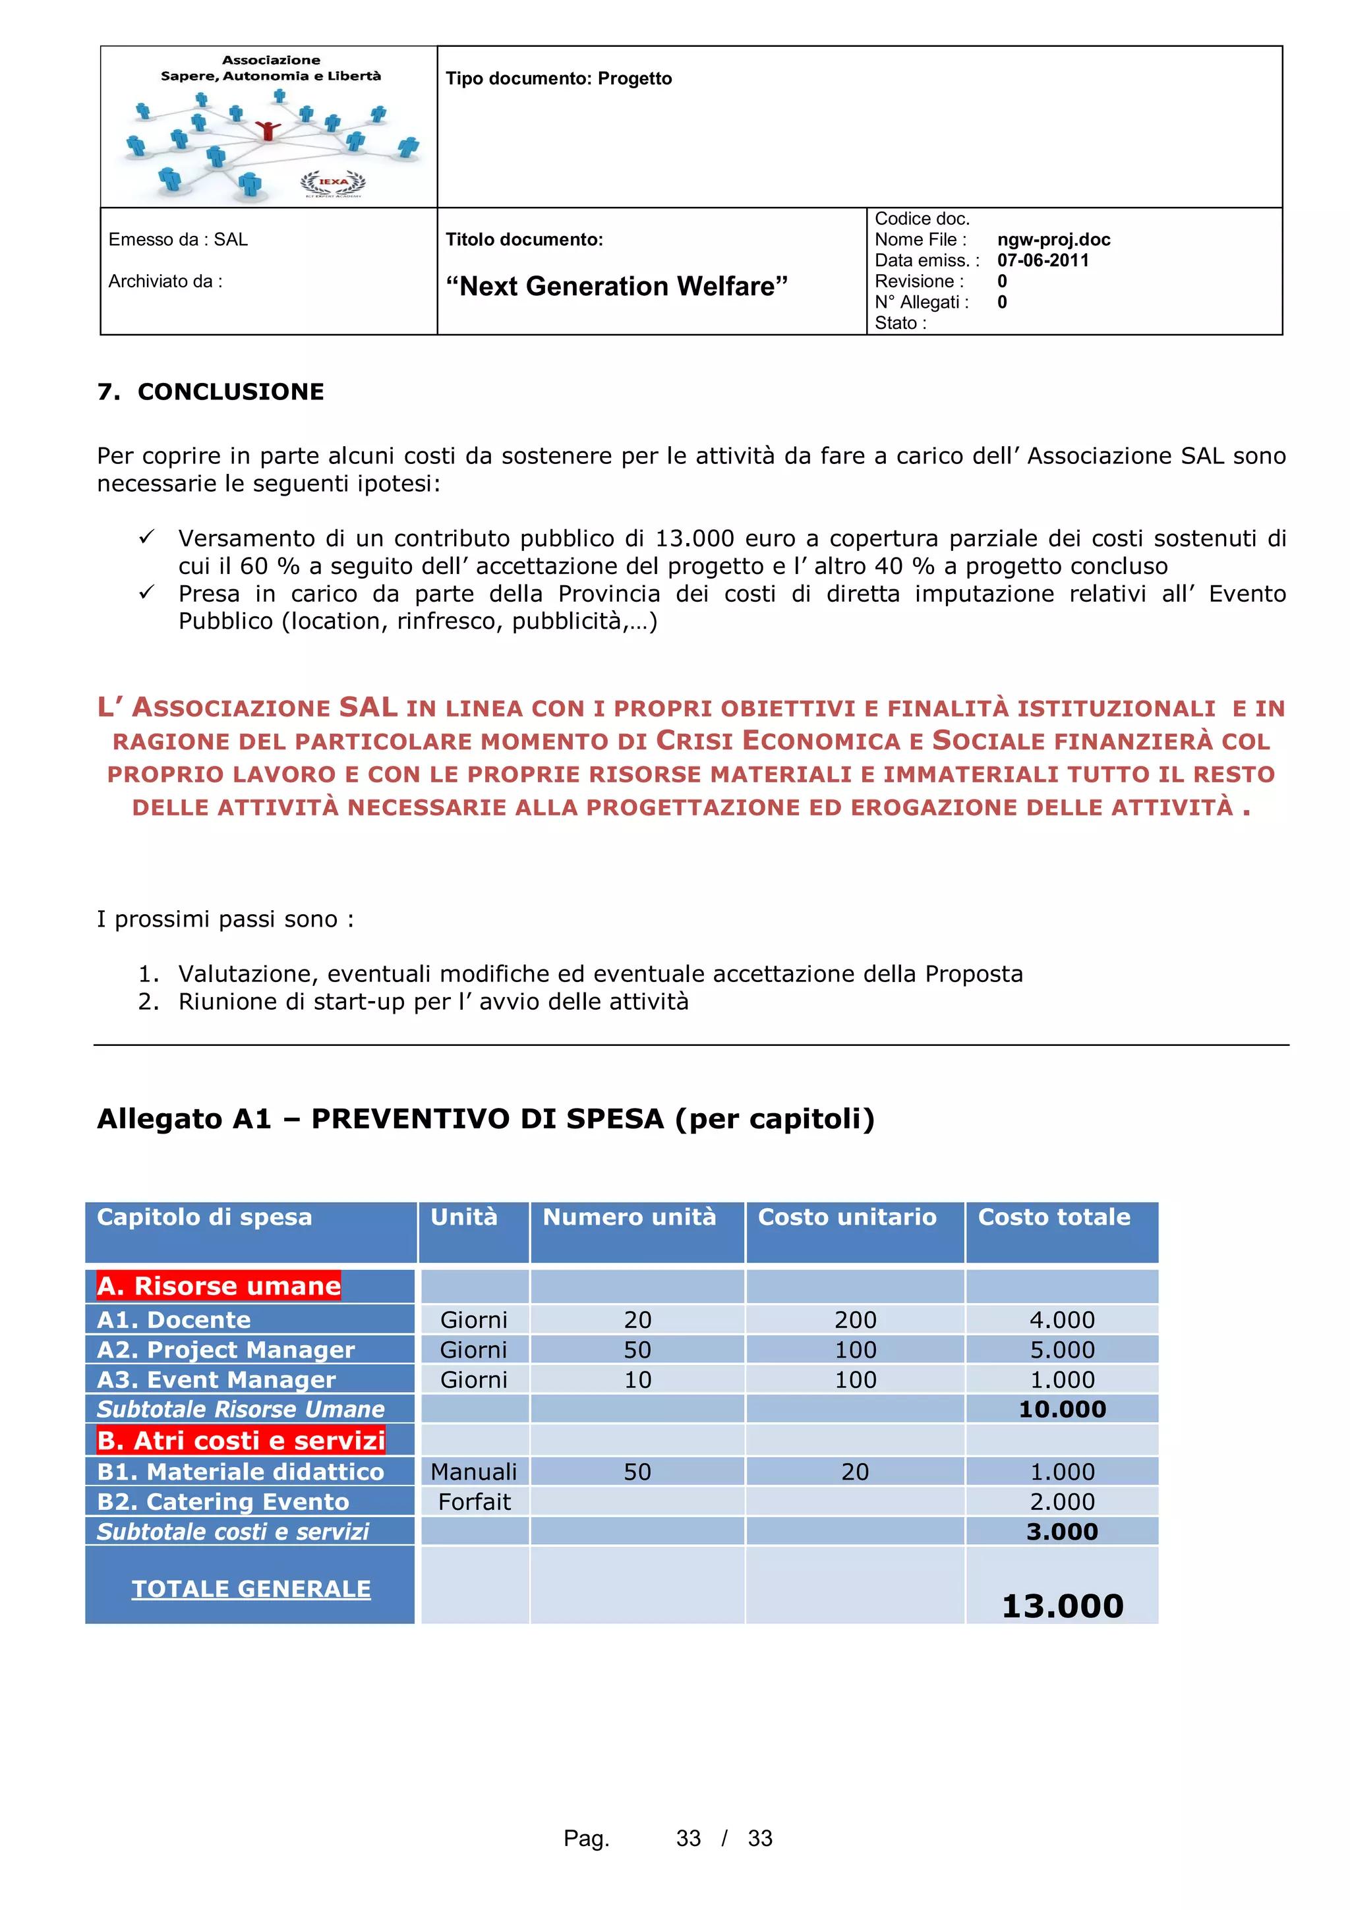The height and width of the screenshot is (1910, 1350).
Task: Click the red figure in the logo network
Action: pos(267,130)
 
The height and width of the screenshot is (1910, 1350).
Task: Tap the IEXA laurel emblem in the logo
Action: pos(333,181)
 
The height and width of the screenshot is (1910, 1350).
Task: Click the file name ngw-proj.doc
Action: pos(1053,240)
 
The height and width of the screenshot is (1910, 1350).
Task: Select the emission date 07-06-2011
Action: pos(1042,260)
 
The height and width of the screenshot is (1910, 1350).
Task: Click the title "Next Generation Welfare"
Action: pos(616,286)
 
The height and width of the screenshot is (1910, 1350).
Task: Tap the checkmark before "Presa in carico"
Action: pos(146,593)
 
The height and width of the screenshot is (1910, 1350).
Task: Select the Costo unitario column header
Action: pos(847,1217)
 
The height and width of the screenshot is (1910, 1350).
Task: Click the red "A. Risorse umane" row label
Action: pos(219,1286)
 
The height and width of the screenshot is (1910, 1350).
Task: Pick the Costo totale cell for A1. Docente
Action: pos(1061,1320)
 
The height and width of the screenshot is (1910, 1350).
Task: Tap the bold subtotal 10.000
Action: pos(1061,1409)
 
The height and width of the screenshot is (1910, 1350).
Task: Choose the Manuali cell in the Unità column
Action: pos(473,1472)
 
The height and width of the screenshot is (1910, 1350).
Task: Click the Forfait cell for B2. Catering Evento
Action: pos(473,1501)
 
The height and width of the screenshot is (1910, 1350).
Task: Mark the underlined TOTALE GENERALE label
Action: pos(250,1589)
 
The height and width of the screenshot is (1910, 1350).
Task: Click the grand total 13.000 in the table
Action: pos(1061,1606)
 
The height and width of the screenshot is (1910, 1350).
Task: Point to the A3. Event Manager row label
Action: pos(216,1380)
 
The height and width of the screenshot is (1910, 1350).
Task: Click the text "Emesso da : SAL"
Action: pos(178,240)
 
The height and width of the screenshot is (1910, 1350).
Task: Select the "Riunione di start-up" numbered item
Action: pos(432,1002)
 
